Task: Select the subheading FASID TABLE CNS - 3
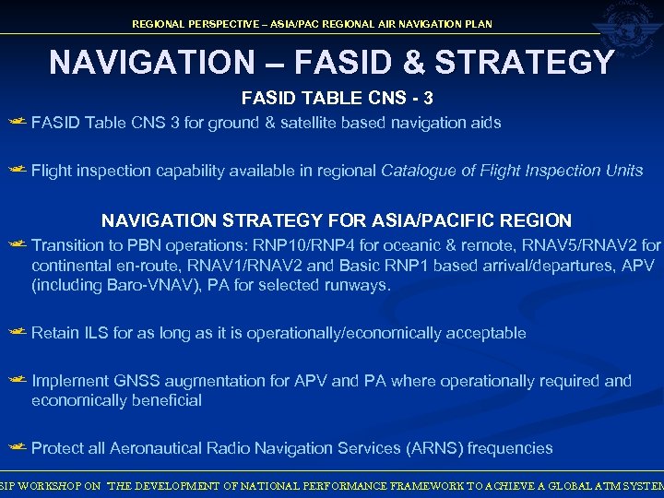(x=337, y=98)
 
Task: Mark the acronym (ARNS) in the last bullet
(x=433, y=448)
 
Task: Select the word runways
(x=359, y=285)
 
